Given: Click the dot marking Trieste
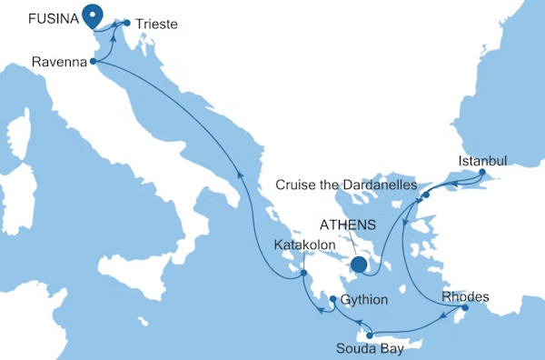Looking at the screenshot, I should [x=126, y=23].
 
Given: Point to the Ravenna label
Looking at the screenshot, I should [x=57, y=63].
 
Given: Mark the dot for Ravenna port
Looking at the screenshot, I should [x=94, y=62].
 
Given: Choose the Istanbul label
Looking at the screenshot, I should [x=481, y=160].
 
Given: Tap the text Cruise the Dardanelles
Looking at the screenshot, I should [x=346, y=185].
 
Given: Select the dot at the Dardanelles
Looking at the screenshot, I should [x=425, y=195].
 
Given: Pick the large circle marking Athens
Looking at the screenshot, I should [x=360, y=265].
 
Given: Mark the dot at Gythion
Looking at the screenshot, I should [x=333, y=300].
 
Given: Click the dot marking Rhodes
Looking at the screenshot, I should [x=463, y=309].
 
